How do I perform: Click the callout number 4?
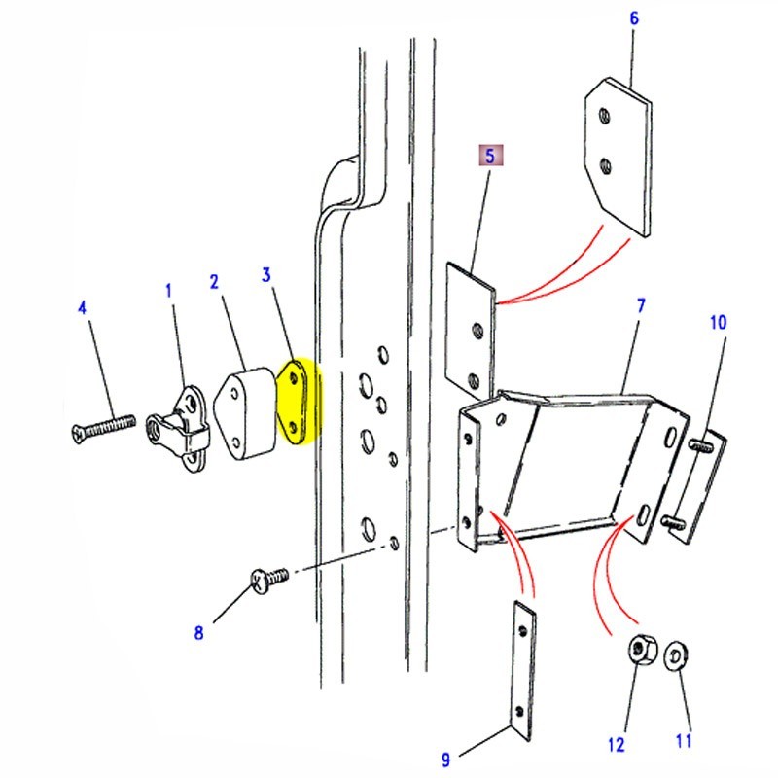click(83, 309)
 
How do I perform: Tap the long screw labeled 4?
click(102, 425)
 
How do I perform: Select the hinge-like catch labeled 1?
click(181, 428)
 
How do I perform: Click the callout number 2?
click(213, 282)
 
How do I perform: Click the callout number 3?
click(265, 275)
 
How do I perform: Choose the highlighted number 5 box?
click(490, 155)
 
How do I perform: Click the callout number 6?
click(633, 18)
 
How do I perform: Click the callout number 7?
click(641, 305)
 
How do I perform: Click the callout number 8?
click(198, 633)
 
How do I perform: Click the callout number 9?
click(445, 760)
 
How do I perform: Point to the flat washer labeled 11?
click(674, 657)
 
